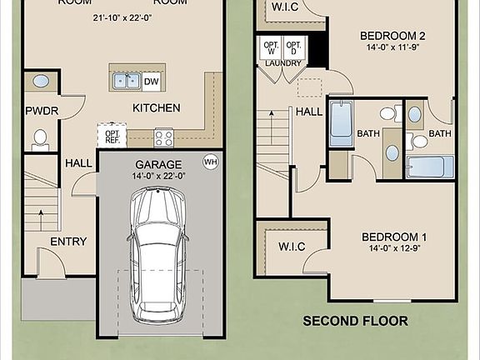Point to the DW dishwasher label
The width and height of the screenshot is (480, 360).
(x=151, y=81)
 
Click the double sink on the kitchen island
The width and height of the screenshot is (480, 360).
(x=126, y=81)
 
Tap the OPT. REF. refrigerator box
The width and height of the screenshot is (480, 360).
(x=112, y=133)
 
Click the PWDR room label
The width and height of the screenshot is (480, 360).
(x=41, y=110)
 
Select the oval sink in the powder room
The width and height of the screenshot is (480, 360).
(x=40, y=82)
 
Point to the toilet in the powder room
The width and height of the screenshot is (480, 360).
(x=39, y=137)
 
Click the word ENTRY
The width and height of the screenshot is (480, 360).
(x=68, y=242)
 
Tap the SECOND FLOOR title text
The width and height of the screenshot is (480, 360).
(x=355, y=321)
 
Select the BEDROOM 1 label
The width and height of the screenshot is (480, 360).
(x=394, y=237)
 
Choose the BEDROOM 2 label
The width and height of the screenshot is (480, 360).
(x=392, y=36)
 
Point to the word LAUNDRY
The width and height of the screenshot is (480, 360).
(x=282, y=63)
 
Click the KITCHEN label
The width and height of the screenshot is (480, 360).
(x=157, y=107)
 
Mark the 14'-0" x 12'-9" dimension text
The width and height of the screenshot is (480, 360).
(x=394, y=248)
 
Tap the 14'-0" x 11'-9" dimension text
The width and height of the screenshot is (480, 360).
(x=392, y=47)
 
